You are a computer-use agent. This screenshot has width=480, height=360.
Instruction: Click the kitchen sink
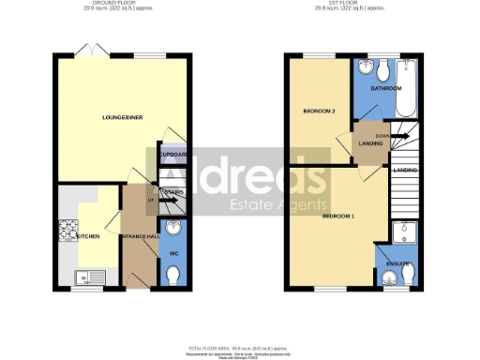pos(86,276)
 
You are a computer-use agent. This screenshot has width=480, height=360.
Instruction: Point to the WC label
pos(172,253)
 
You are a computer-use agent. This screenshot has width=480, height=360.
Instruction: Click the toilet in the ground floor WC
pos(173,275)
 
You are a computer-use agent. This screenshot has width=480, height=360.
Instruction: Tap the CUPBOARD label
pos(173,155)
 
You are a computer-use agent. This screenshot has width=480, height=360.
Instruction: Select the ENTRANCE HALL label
pos(137,236)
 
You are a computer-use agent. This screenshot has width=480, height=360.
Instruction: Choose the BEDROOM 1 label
pos(337,216)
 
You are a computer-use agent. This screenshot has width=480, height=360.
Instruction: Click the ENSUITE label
pos(397,264)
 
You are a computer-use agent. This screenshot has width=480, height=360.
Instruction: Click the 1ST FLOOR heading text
pos(357,4)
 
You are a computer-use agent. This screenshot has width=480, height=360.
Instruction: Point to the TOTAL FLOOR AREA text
pos(239,346)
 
